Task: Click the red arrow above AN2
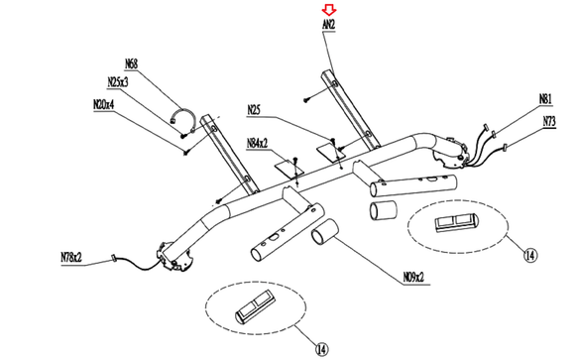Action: (x=329, y=10)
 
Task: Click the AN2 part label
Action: (x=329, y=25)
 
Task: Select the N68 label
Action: (x=131, y=63)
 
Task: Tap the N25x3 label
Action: (x=118, y=82)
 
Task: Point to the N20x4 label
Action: (x=104, y=104)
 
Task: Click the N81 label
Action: (x=545, y=99)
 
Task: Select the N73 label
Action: (x=549, y=121)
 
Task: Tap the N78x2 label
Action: (x=71, y=257)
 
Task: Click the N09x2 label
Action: (x=413, y=278)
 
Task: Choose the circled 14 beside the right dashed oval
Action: (x=530, y=255)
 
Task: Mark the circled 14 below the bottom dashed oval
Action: (x=321, y=349)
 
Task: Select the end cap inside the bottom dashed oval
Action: (x=256, y=307)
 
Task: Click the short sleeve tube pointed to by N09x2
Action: (x=325, y=232)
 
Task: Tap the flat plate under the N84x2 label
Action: (x=289, y=169)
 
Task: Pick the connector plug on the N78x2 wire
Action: (x=113, y=259)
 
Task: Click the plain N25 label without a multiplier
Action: (x=254, y=110)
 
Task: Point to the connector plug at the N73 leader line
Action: (x=506, y=148)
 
